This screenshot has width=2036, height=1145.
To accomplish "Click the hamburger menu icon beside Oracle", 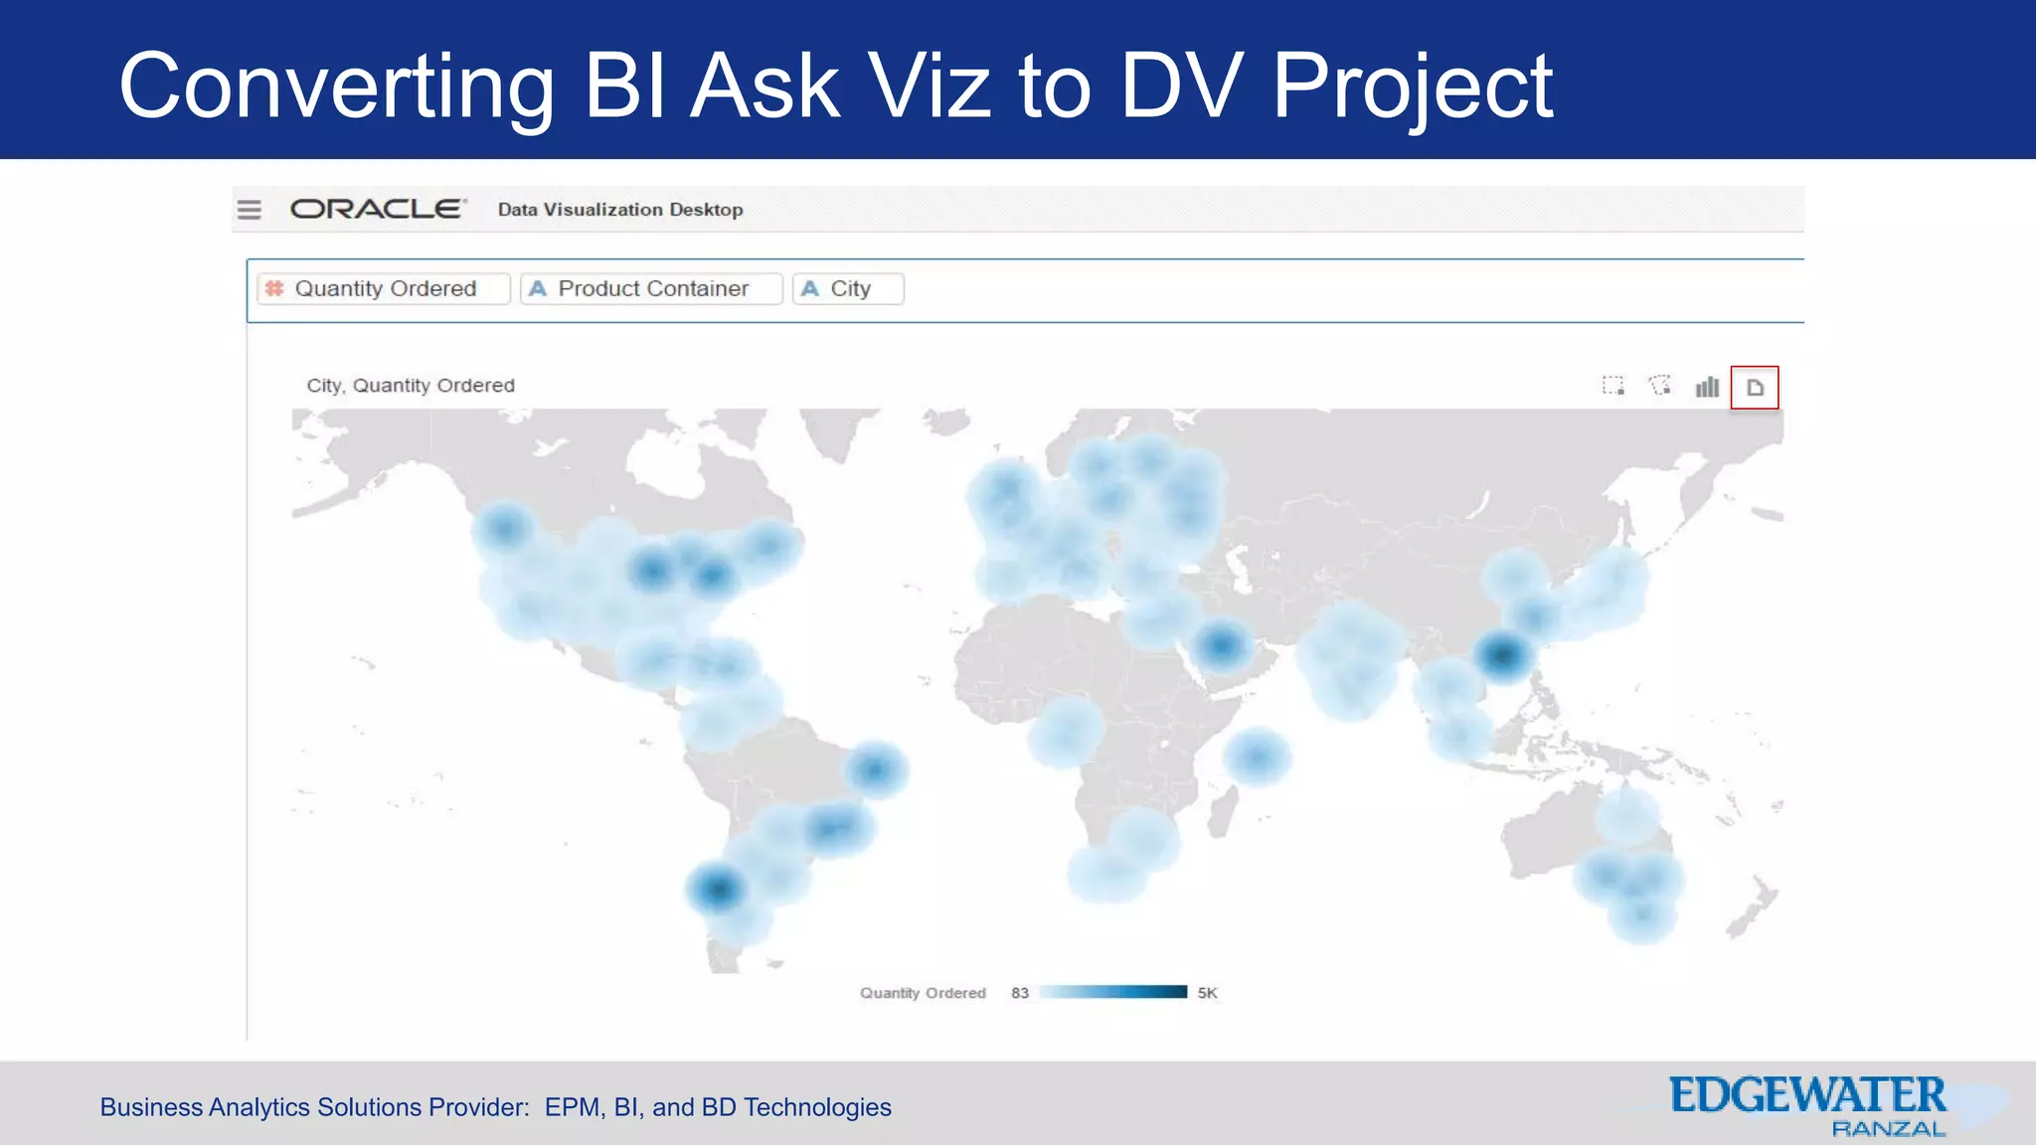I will pos(249,210).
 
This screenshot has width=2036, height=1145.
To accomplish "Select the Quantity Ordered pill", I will pos(384,288).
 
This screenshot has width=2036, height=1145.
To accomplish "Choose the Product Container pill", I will pos(651,288).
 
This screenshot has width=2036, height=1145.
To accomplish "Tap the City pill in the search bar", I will pos(848,288).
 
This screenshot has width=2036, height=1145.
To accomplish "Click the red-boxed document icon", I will pos(1755,388).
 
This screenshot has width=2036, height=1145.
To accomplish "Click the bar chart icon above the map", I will pos(1707,387).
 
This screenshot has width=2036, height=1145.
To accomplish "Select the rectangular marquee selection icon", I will pos(1612,386).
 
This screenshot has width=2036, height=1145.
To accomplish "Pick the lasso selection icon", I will pos(1660,386).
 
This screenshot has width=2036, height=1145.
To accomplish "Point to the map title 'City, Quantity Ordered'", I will pos(411,386).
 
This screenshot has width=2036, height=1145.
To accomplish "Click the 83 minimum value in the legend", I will pos(1020,993).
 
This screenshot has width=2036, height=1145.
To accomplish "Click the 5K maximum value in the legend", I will pos(1207,993).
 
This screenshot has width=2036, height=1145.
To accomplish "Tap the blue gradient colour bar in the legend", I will pos(1113,992).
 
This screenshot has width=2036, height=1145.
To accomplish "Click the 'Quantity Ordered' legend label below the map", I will pos(923,993).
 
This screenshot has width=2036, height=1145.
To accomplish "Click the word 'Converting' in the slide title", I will pos(336,87).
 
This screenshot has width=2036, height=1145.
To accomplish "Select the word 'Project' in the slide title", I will pos(1412,87).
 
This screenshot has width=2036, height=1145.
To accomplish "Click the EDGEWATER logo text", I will pos(1807,1095).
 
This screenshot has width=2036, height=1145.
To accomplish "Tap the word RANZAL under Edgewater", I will pos(1888,1129).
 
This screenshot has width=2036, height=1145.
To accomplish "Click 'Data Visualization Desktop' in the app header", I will pos(620,210).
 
